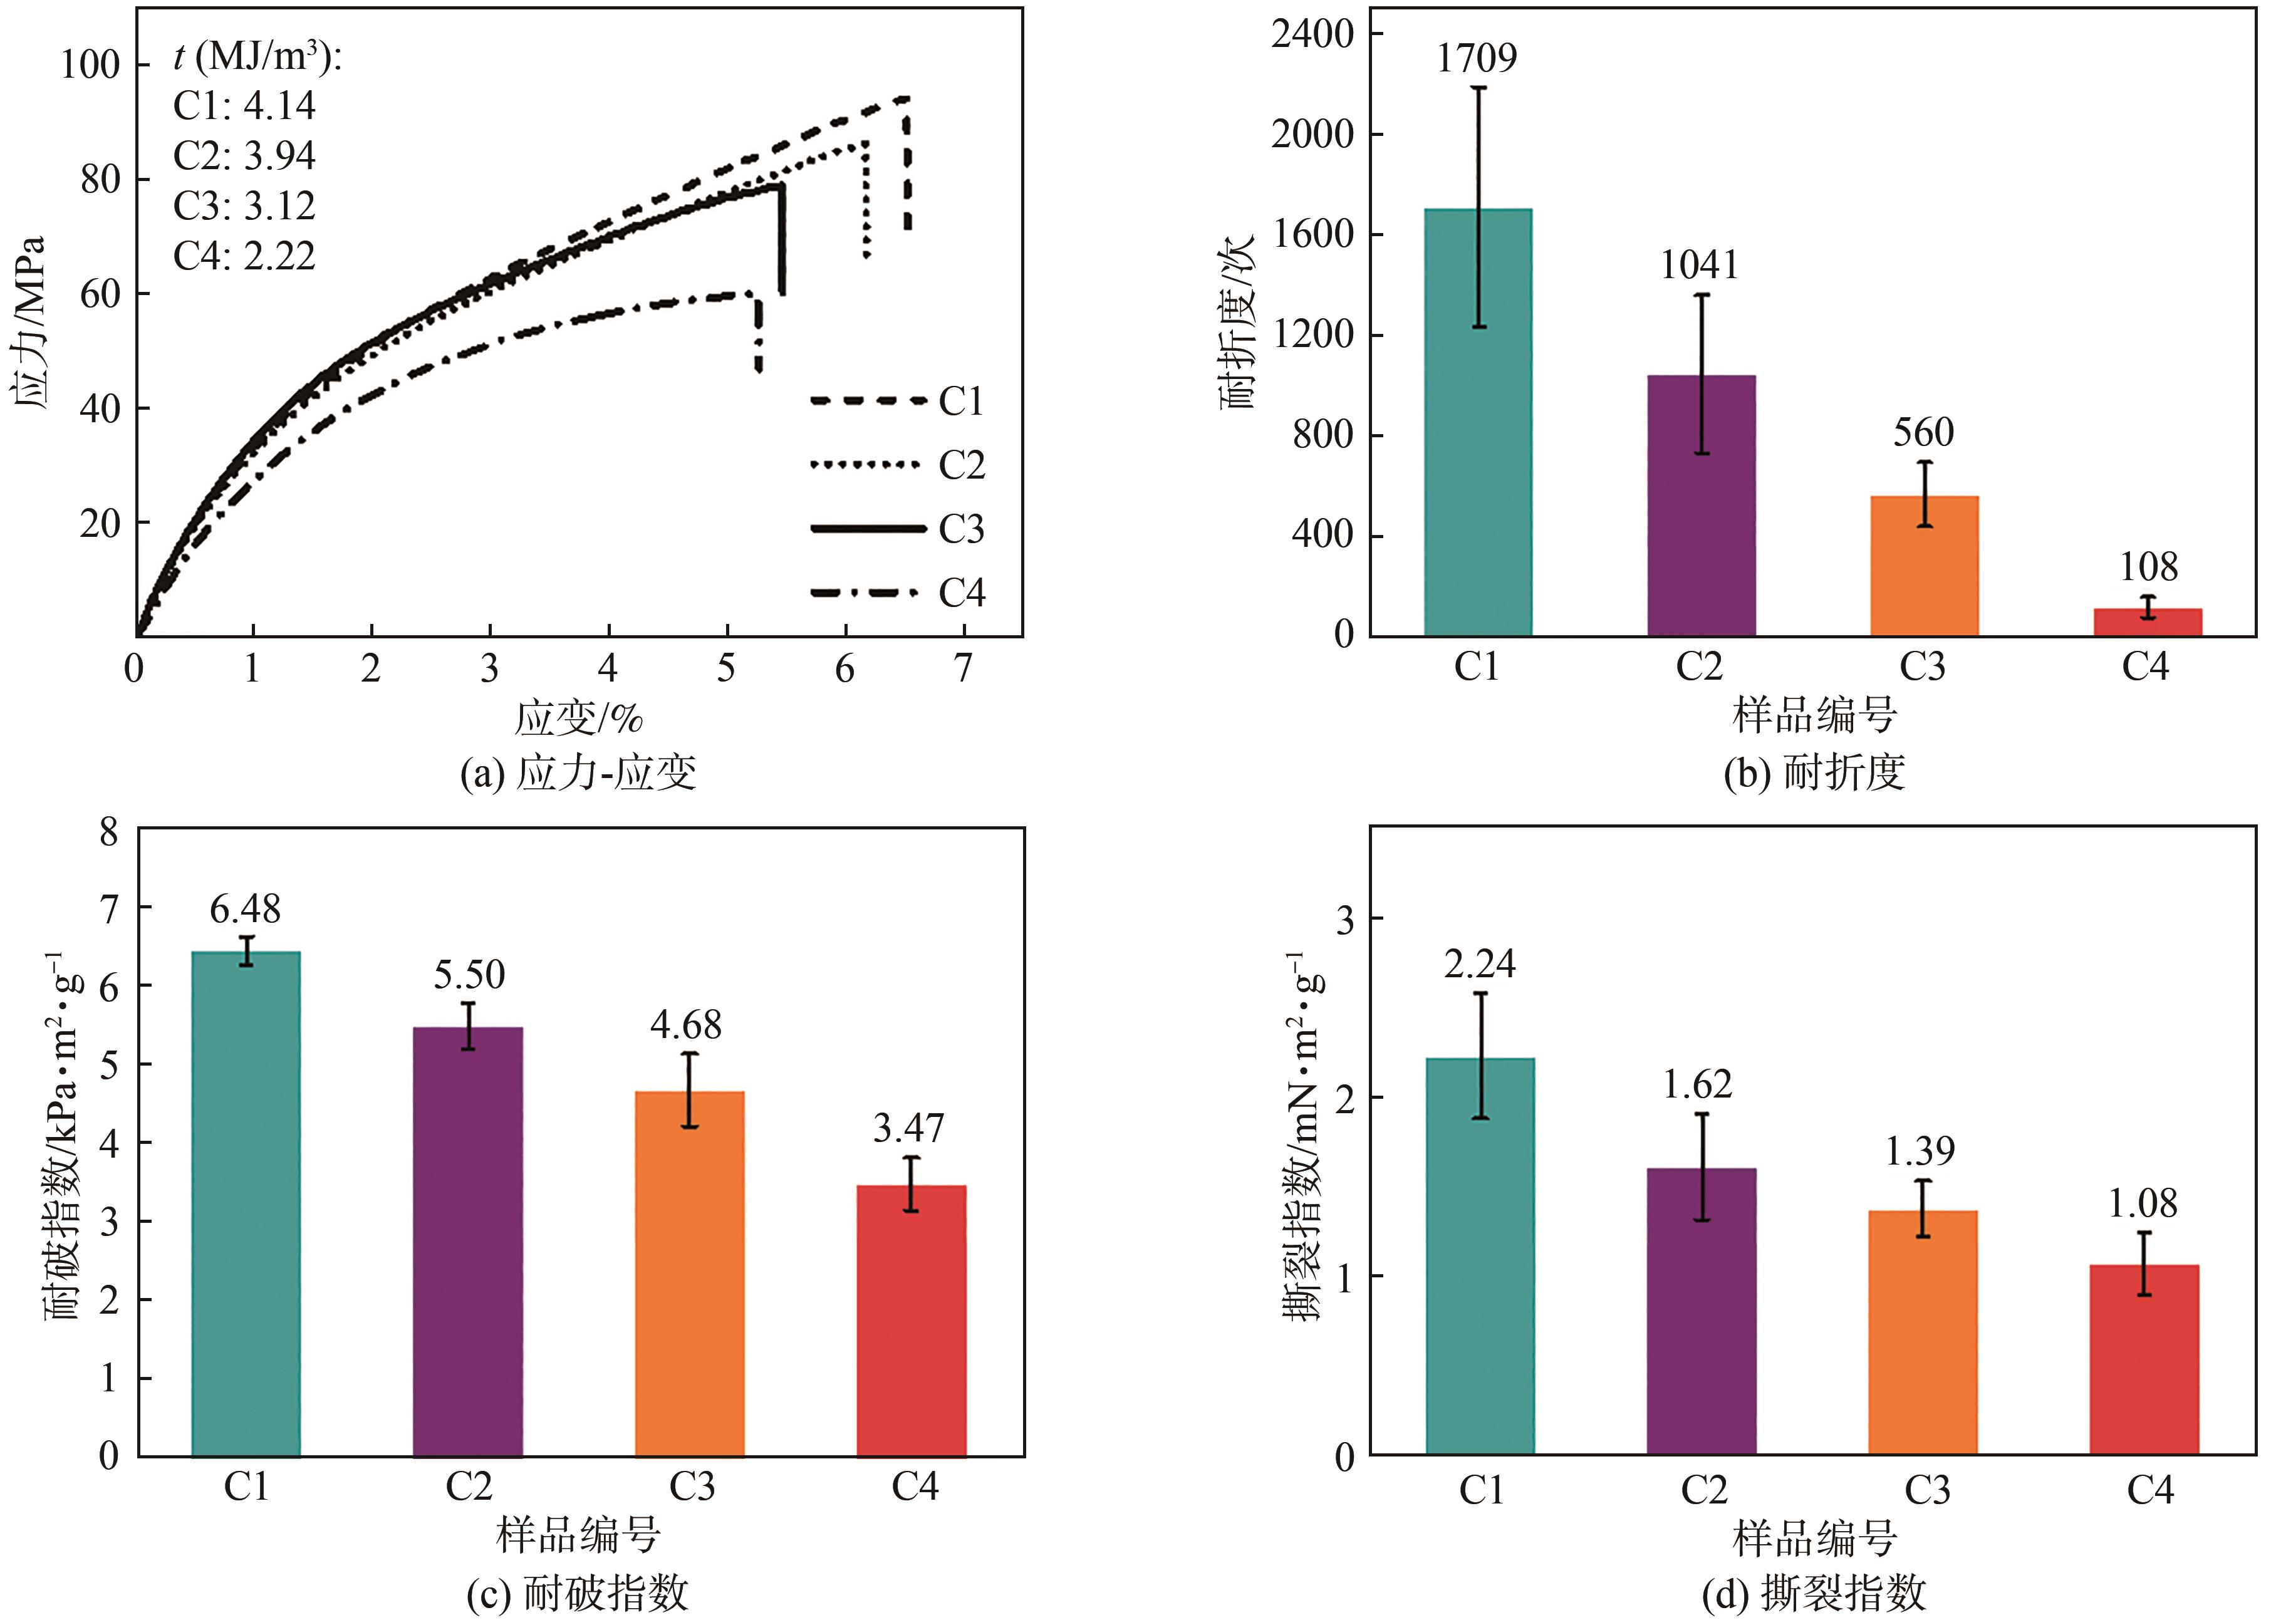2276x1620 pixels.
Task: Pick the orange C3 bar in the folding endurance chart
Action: pyautogui.click(x=1924, y=566)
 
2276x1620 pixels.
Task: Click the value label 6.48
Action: pyautogui.click(x=246, y=909)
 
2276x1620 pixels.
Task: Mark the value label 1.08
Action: pyautogui.click(x=2143, y=1204)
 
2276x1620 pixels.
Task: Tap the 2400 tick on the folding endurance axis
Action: pyautogui.click(x=1312, y=34)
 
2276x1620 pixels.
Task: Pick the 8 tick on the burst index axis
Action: pyautogui.click(x=109, y=831)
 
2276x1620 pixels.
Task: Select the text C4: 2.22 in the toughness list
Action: pyautogui.click(x=244, y=256)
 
